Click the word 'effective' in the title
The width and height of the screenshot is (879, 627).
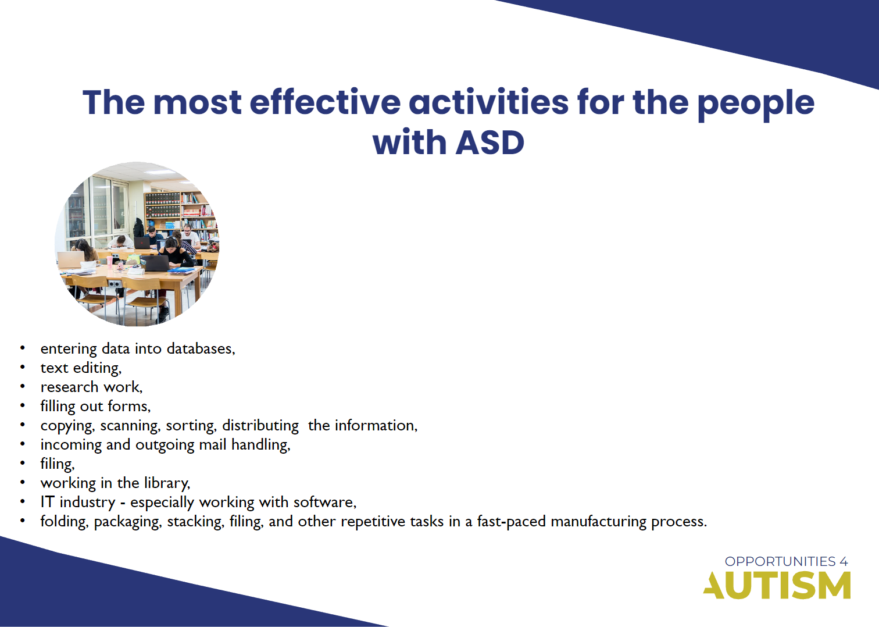click(324, 102)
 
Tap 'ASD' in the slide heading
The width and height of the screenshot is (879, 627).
click(490, 143)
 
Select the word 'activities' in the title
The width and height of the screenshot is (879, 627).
click(488, 102)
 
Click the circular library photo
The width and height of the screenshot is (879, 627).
click(137, 244)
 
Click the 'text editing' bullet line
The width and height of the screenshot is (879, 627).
click(81, 368)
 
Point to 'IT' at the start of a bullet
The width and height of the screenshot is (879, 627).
click(47, 502)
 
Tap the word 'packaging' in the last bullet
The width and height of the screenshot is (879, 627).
click(127, 522)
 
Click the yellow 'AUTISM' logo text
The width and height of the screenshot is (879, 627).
click(777, 585)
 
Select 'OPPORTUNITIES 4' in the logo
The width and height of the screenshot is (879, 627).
click(786, 561)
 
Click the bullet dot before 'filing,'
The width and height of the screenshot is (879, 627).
click(23, 464)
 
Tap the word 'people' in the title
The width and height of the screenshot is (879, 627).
click(755, 104)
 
